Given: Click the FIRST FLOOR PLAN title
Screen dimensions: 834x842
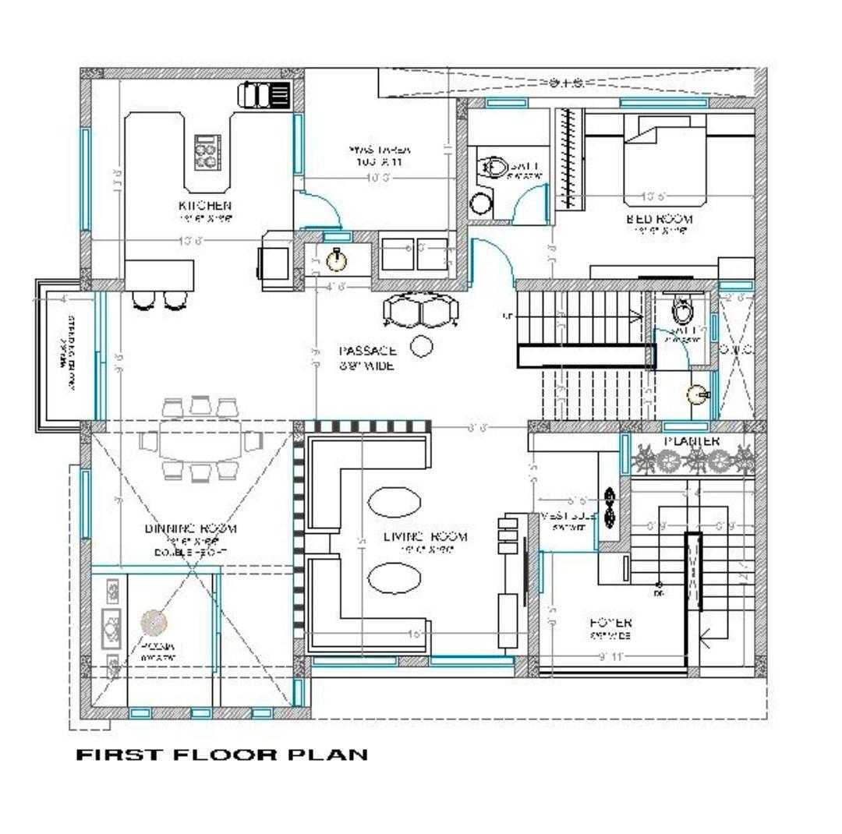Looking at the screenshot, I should click(221, 754).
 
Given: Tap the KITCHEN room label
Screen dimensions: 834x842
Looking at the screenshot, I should click(205, 205).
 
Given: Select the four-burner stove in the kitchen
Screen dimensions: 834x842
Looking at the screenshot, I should click(207, 152).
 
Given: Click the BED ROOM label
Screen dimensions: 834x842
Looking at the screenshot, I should click(659, 219).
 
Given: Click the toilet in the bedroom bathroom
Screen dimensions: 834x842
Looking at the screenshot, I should click(494, 167).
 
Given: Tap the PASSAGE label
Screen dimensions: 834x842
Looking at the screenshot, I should click(368, 352).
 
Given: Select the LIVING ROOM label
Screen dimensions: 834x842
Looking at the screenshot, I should click(426, 536).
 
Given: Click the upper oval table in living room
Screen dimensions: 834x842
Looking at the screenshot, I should click(394, 501).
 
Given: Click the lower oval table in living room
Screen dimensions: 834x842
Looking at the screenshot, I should click(394, 578).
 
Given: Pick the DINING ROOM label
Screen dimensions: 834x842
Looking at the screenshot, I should click(191, 528).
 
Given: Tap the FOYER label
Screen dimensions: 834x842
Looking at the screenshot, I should click(610, 623).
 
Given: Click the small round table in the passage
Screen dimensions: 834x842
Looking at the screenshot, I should click(421, 345).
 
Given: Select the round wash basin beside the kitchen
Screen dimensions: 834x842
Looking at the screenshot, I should click(336, 258).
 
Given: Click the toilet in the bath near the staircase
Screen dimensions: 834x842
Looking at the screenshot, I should click(682, 313).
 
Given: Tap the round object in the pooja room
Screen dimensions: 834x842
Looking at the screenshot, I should click(154, 622).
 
